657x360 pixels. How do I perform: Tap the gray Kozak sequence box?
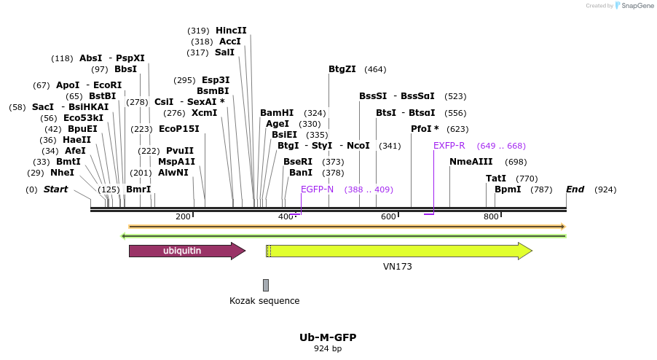pos(266,285)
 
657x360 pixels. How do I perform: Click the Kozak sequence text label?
pos(264,300)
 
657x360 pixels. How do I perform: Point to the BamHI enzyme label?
pos(277,113)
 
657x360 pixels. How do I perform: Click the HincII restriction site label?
pos(231,31)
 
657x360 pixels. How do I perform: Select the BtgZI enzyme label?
pos(342,69)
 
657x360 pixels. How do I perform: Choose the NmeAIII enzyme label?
pos(471,162)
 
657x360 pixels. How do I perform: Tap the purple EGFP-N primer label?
pos(317,189)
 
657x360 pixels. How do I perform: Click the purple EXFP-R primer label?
pos(449,146)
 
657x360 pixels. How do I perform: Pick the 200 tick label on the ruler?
pos(183,216)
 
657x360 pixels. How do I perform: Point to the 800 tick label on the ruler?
pos(491,216)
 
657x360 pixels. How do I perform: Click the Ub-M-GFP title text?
pos(328,337)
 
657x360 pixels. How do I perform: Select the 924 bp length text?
pos(328,349)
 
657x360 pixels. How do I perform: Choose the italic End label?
pos(575,189)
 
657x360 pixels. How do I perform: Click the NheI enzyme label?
pos(62,173)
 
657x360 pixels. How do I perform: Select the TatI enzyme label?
pos(496,179)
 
